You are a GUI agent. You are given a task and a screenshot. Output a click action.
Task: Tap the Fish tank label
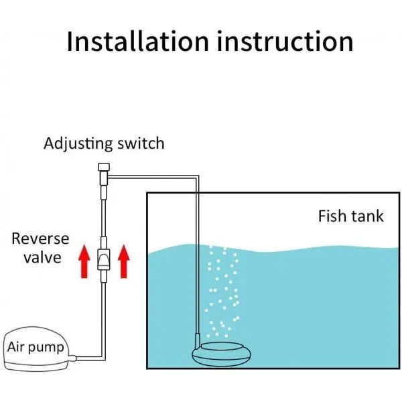pos(351,216)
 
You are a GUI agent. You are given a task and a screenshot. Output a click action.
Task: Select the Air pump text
pos(36,347)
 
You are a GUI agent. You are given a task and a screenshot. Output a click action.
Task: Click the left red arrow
pos(84,262)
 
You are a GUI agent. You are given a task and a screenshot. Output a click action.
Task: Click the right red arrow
pos(123,262)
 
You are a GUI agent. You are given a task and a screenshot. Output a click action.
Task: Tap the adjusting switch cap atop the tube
pos(103,167)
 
